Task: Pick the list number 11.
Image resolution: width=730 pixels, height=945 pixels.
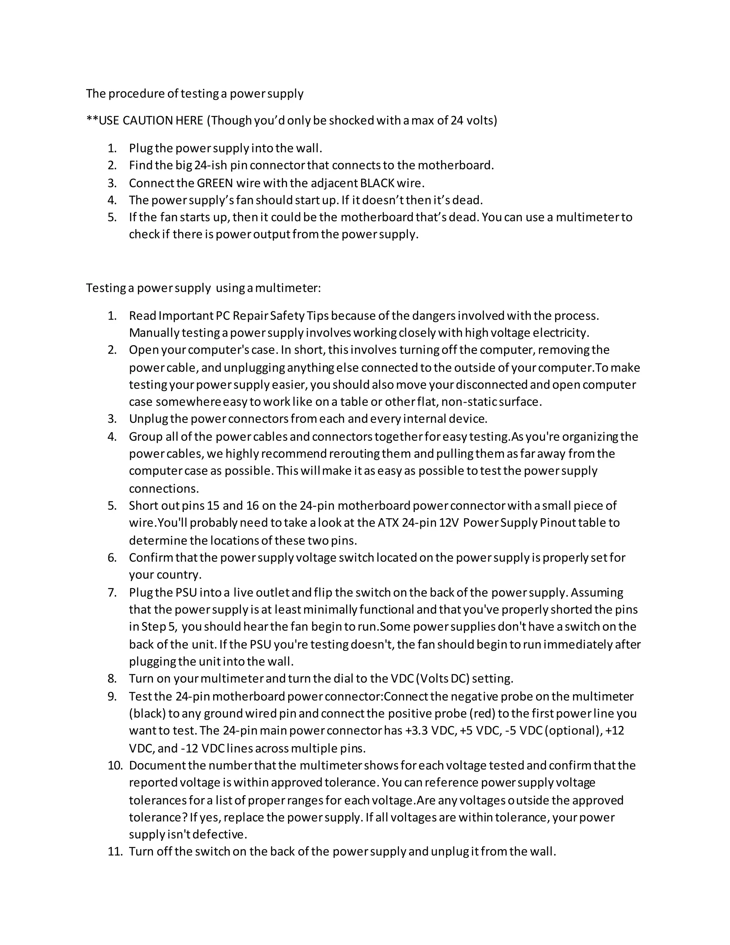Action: click(x=115, y=852)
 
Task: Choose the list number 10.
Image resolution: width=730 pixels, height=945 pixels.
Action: click(x=115, y=765)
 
